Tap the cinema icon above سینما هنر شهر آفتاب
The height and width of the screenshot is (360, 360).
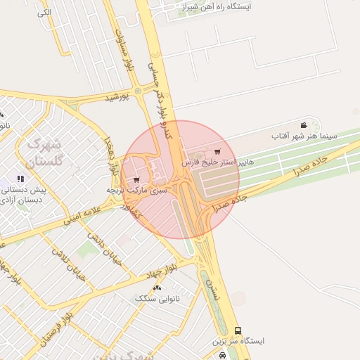click(x=304, y=124)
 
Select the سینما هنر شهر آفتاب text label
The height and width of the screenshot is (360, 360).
click(x=304, y=134)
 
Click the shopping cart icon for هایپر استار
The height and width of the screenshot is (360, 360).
click(x=217, y=152)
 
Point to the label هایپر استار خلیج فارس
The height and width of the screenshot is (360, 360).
click(x=218, y=162)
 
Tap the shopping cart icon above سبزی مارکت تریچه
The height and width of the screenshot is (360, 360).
click(x=136, y=179)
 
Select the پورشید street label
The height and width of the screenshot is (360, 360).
click(x=118, y=97)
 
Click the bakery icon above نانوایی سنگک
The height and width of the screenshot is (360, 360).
click(x=157, y=288)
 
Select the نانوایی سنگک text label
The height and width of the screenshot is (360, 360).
click(x=157, y=299)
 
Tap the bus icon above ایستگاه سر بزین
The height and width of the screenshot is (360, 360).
click(x=238, y=330)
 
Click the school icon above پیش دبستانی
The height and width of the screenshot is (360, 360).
click(x=20, y=179)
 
